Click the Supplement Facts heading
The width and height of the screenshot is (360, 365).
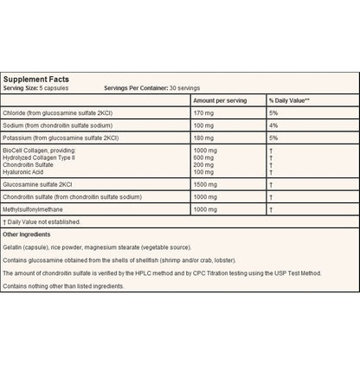[41, 80]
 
